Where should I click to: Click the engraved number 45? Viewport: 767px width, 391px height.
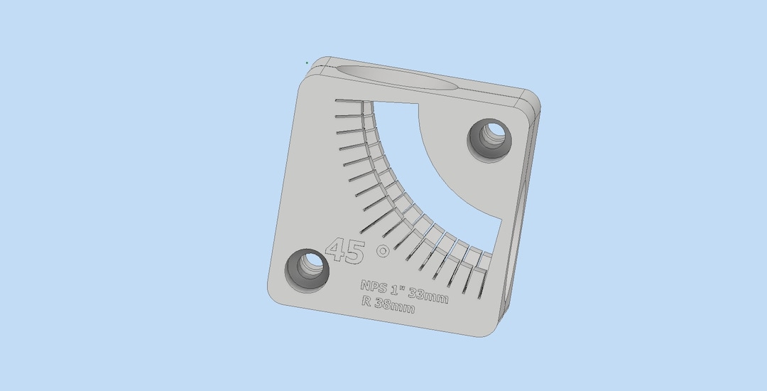(x=346, y=251)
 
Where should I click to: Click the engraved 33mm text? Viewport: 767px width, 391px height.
(x=428, y=294)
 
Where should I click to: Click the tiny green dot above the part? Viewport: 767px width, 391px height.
(x=307, y=63)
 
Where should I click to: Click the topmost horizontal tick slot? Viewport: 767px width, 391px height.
(x=349, y=101)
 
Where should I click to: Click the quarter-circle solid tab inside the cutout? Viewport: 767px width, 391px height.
(x=455, y=156)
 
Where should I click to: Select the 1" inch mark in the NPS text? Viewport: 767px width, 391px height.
(x=401, y=289)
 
